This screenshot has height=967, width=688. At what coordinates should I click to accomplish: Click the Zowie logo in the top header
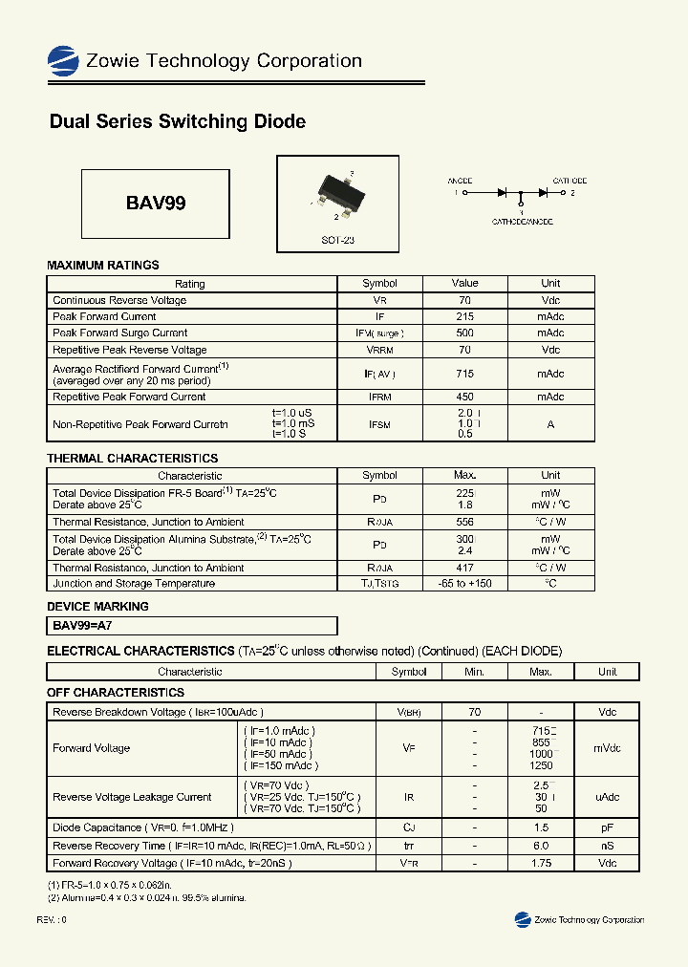pos(63,61)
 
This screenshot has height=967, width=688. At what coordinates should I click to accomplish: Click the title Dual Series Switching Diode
pos(177,122)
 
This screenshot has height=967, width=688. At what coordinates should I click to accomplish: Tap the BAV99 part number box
pos(156,204)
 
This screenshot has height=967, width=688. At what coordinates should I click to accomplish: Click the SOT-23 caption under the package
pos(337,241)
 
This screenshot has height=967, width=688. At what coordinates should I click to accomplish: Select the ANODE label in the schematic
pos(461,181)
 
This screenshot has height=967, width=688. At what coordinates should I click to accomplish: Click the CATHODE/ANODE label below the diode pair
pos(522,221)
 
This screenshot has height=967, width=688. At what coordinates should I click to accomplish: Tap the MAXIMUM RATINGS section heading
pos(103,266)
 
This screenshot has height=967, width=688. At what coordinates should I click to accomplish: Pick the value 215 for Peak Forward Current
pos(465,317)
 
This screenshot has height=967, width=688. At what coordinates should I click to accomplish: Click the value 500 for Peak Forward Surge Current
pos(465,333)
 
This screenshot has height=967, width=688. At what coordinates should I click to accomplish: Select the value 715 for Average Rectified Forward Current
pos(465,374)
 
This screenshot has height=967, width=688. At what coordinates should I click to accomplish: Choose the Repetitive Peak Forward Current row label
pos(129,397)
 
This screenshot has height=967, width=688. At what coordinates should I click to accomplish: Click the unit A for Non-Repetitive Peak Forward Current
pos(550,423)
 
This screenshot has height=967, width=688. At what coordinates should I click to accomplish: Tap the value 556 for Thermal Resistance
pos(465,523)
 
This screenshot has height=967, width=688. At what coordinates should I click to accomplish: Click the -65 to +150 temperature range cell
pos(465,584)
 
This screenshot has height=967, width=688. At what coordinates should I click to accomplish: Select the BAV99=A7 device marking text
pos(82,626)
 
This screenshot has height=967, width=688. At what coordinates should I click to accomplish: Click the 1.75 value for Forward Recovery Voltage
pos(541,863)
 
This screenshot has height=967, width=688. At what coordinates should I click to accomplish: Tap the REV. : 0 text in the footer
pos(52,919)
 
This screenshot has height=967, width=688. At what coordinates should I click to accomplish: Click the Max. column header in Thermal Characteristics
pos(465,476)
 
